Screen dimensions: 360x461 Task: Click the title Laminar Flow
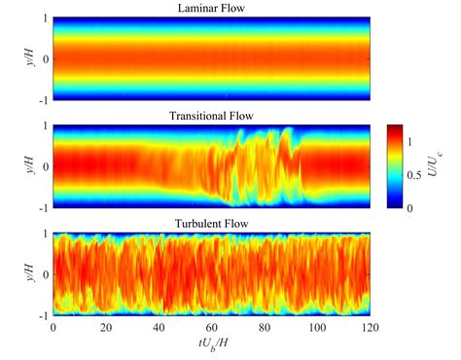point(211,10)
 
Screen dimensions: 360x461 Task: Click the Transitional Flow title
point(211,117)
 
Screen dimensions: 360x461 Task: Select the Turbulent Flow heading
point(211,224)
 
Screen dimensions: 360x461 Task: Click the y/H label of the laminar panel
point(22,57)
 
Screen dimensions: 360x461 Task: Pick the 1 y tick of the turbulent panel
point(43,233)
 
